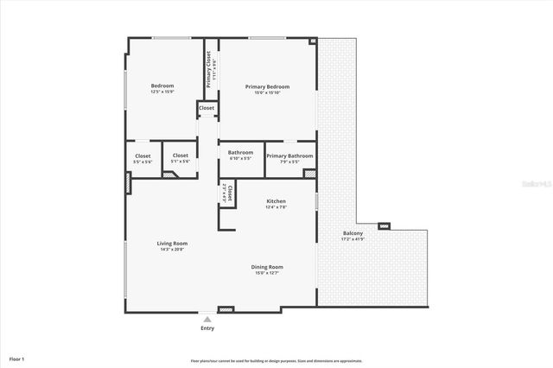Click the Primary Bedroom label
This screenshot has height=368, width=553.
[267, 86]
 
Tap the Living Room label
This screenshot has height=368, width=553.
[172, 244]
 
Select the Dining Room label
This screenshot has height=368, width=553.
[266, 267]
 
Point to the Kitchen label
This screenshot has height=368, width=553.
[276, 201]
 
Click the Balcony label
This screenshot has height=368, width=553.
[353, 233]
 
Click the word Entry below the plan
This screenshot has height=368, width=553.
[207, 328]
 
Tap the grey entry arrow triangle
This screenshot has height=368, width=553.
[207, 318]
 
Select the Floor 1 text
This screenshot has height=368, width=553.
[17, 358]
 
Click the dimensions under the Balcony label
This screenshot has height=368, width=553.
[353, 239]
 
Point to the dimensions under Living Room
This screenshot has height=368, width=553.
[172, 250]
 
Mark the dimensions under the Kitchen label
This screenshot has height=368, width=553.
[276, 207]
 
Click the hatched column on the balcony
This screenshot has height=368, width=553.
[385, 226]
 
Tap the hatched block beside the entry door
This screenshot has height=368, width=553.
[226, 308]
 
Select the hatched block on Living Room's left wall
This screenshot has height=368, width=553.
[129, 183]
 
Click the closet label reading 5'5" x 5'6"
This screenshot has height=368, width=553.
[143, 162]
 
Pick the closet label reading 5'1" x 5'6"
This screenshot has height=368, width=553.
[180, 162]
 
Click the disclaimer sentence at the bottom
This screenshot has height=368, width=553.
[276, 360]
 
